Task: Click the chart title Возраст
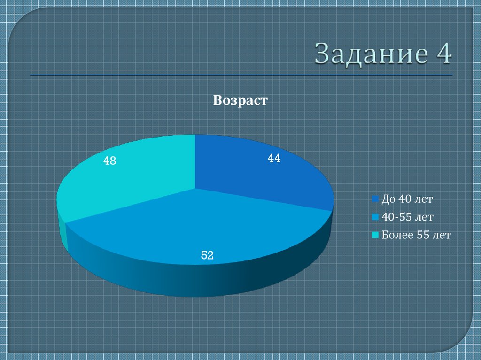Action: pos(240,100)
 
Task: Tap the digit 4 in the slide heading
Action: pos(443,54)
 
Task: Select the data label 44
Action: pos(274,159)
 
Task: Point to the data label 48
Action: pos(110,161)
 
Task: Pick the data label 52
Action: pos(208,255)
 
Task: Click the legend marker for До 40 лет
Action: pos(375,199)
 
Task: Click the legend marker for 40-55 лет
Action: pos(375,217)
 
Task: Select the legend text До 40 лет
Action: pos(407,199)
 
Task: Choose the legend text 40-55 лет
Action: pos(407,217)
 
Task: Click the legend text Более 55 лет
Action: pos(416,235)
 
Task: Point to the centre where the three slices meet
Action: pos(195,189)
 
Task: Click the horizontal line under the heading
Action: pos(241,75)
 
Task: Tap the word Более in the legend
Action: pos(397,235)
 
